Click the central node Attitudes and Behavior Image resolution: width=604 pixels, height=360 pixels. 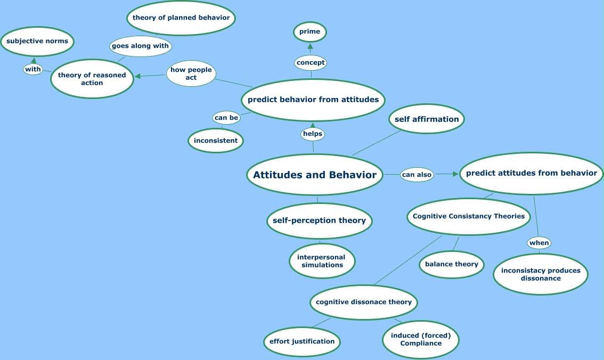click(x=315, y=175)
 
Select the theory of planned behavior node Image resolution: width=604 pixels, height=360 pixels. click(x=181, y=18)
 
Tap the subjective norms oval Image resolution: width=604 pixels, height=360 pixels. click(x=37, y=41)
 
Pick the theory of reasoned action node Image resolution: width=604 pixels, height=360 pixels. click(x=92, y=79)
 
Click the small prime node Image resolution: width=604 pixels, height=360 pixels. click(x=310, y=31)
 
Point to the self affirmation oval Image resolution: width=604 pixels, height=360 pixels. click(x=427, y=119)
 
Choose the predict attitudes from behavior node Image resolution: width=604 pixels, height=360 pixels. click(x=532, y=173)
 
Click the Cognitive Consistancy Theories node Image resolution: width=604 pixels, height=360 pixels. click(x=469, y=216)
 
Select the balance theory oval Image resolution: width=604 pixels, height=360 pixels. click(x=452, y=264)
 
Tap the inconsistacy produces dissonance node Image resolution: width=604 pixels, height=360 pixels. click(x=541, y=274)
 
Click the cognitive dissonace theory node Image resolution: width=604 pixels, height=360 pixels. click(x=364, y=302)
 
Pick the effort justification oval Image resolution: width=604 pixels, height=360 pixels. click(x=302, y=341)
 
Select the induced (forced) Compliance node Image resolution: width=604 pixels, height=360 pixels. click(x=421, y=339)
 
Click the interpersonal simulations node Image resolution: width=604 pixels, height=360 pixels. click(x=322, y=261)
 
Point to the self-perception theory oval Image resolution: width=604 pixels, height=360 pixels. click(x=319, y=220)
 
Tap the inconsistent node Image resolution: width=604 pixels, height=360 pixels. click(x=216, y=141)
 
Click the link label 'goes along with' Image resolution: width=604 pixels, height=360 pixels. click(x=140, y=46)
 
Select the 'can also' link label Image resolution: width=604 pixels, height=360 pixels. click(x=417, y=175)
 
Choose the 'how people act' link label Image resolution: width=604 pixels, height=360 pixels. click(x=191, y=73)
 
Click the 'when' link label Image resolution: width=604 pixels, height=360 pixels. click(x=539, y=243)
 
